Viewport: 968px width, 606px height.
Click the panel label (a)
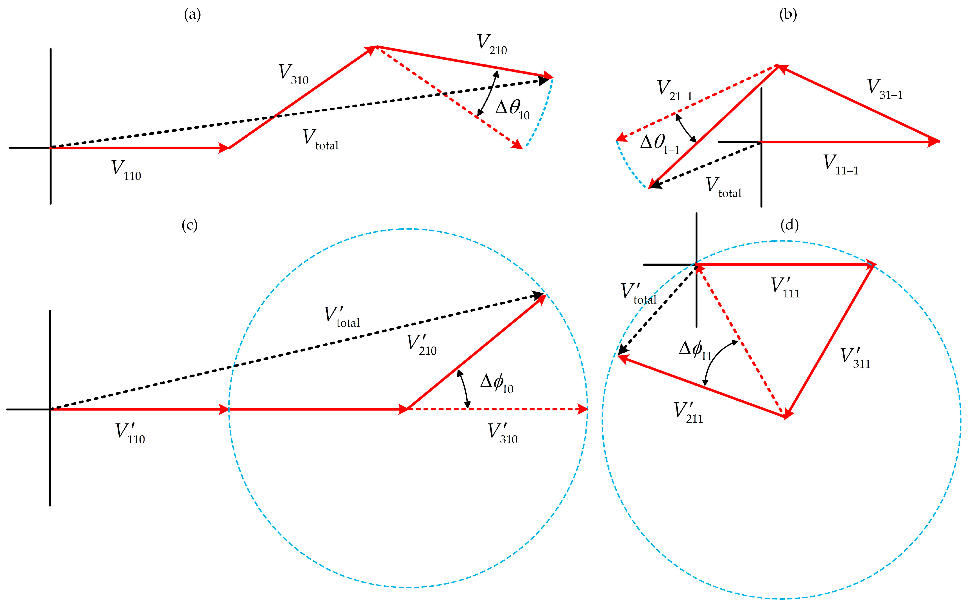point(192,15)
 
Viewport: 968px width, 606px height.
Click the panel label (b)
point(788,15)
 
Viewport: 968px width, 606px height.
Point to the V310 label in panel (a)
point(293,74)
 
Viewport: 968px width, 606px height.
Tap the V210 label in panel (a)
point(491,44)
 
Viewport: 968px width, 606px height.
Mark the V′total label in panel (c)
point(341,317)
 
